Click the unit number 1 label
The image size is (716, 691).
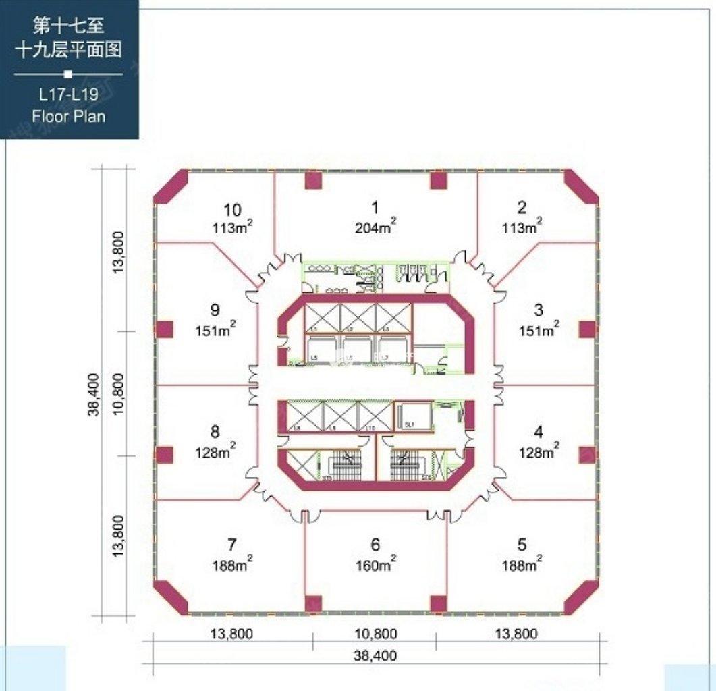tap(375, 208)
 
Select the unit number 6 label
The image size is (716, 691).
tap(375, 545)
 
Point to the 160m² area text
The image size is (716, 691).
tap(375, 564)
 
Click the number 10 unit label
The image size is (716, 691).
tap(232, 209)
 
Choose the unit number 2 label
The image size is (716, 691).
tap(522, 208)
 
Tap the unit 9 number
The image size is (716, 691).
tap(215, 310)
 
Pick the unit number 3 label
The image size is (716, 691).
tap(539, 310)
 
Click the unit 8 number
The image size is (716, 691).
tap(215, 431)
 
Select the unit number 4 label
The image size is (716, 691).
tap(539, 431)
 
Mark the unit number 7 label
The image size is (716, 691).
tap(232, 545)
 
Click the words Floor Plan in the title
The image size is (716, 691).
tap(69, 116)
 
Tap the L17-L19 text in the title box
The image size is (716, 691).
tap(69, 95)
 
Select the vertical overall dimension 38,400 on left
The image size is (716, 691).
tap(94, 394)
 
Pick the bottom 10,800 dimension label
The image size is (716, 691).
tap(375, 634)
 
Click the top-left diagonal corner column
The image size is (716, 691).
tap(171, 186)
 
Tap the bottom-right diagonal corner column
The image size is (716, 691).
tap(580, 597)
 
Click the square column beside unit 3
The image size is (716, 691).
tap(587, 329)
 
